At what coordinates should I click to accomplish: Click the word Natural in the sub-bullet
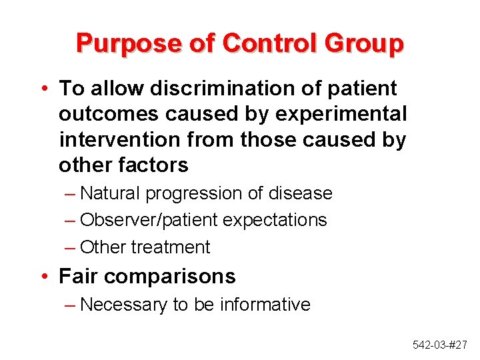pyautogui.click(x=109, y=193)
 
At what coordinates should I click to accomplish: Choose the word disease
pyautogui.click(x=299, y=193)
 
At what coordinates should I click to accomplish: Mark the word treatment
pyautogui.click(x=170, y=247)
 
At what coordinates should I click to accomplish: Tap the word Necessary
pyautogui.click(x=123, y=305)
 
